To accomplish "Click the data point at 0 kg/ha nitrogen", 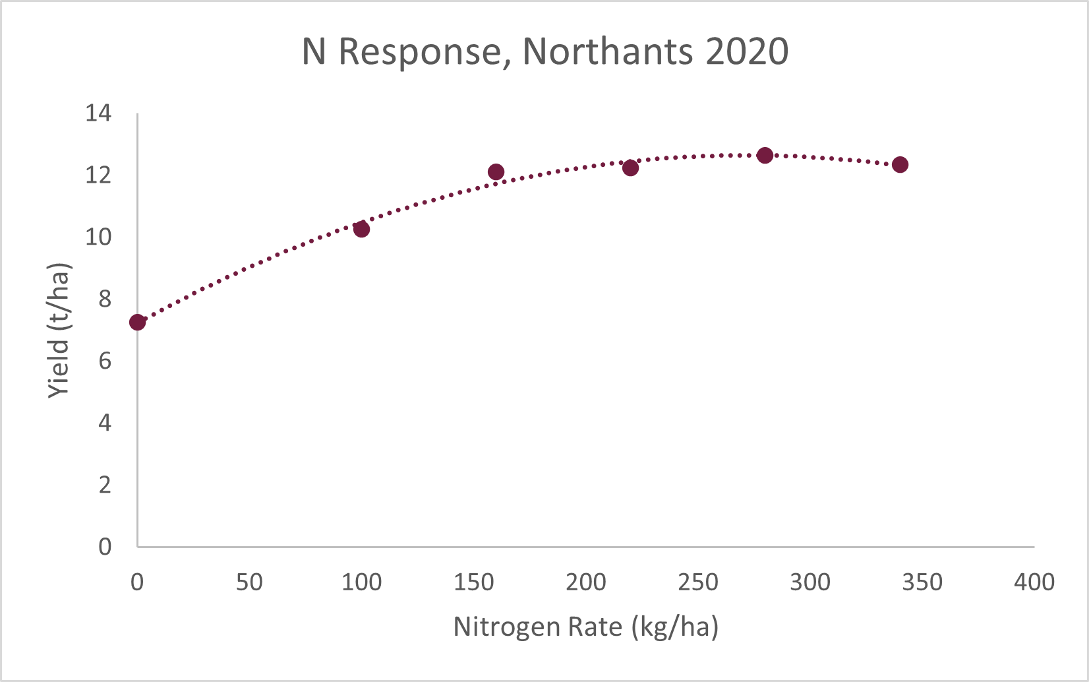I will click(137, 322).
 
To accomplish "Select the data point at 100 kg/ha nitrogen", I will click(361, 229).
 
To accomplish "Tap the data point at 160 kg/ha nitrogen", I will click(496, 171).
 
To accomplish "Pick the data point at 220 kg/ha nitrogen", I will click(630, 168).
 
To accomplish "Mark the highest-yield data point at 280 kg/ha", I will click(765, 156).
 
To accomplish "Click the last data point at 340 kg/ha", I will click(900, 164).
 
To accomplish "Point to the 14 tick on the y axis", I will click(98, 113).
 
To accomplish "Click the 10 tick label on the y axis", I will click(98, 237).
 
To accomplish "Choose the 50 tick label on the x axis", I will click(249, 582).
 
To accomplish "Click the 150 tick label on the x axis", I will click(473, 582).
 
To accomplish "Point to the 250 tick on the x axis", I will click(697, 582).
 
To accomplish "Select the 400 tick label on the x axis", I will click(1034, 582).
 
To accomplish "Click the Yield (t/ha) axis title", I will click(59, 330).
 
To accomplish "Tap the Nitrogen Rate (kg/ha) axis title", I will click(585, 627).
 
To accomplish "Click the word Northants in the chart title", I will click(607, 51).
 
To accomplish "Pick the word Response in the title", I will click(421, 51).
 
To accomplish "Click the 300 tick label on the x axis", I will click(809, 582).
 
